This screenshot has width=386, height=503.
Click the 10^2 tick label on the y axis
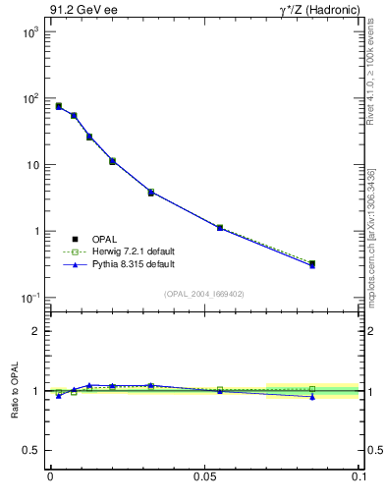[x=29, y=99]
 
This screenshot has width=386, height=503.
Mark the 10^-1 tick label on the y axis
[x=29, y=298]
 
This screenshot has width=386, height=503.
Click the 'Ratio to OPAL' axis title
[x=14, y=391]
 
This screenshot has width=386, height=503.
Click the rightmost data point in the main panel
[x=312, y=264]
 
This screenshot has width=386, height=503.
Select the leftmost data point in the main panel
[x=59, y=106]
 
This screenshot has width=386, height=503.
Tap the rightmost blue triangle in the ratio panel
[x=312, y=397]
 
